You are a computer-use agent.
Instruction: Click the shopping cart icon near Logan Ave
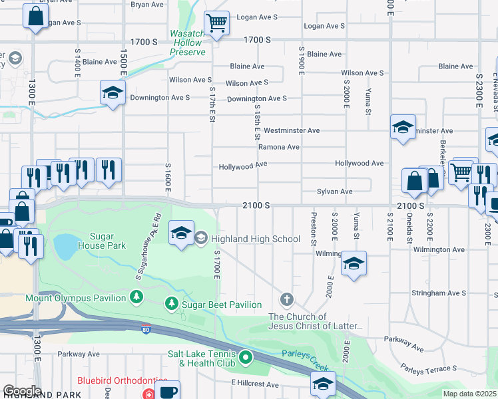(x=216, y=23)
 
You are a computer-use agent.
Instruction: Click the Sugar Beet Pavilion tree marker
(x=172, y=304)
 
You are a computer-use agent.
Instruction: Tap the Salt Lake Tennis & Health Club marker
(x=246, y=358)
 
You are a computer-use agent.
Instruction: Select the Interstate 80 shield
(x=146, y=329)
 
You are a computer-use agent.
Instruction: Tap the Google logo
(x=22, y=391)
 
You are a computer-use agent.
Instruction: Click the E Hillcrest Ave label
(x=255, y=384)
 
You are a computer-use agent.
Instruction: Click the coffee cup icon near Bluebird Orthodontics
(x=168, y=390)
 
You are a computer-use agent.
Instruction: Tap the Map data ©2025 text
(x=470, y=394)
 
